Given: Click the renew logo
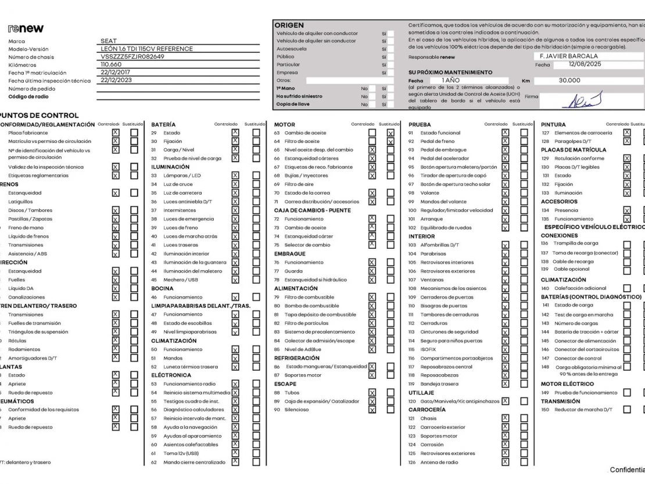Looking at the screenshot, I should pos(26,28).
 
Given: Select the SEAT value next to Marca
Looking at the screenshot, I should pos(109,41).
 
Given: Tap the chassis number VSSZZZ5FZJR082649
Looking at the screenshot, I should pos(132,56).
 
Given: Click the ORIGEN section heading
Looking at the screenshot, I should pos(288,26).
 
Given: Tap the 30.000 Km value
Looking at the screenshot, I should pos(569,81).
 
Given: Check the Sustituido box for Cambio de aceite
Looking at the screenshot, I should pos(390,133).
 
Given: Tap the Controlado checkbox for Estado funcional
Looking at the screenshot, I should pos(505,133).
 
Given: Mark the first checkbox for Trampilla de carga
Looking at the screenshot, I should pos(627,244).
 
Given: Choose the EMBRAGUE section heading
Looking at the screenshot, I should pos(290,253).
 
